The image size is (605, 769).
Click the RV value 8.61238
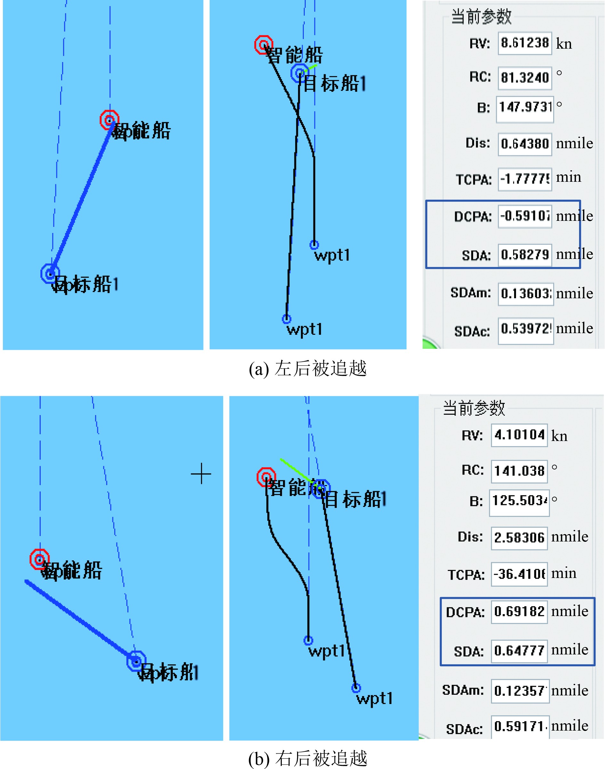tap(524, 43)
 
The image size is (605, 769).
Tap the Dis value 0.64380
tap(524, 144)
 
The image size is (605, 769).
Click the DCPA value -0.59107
tap(524, 216)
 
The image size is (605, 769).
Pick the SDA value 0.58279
tap(524, 254)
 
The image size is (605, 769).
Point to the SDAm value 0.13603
tap(525, 293)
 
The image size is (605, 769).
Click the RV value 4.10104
tap(519, 435)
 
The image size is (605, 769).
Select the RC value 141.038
tap(519, 471)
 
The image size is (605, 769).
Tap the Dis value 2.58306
tap(519, 537)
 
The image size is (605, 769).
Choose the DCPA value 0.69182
tap(519, 612)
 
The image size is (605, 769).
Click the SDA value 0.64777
tap(519, 650)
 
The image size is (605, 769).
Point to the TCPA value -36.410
tap(519, 574)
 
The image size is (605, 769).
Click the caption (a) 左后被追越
tap(307, 369)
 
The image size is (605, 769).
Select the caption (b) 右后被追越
tap(307, 758)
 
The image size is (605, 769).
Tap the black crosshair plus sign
tap(201, 473)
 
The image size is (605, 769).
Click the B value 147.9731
tap(525, 107)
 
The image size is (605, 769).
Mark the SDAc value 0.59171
tap(520, 726)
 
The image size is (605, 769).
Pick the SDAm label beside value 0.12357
tap(463, 690)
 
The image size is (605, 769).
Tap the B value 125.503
tap(519, 501)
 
